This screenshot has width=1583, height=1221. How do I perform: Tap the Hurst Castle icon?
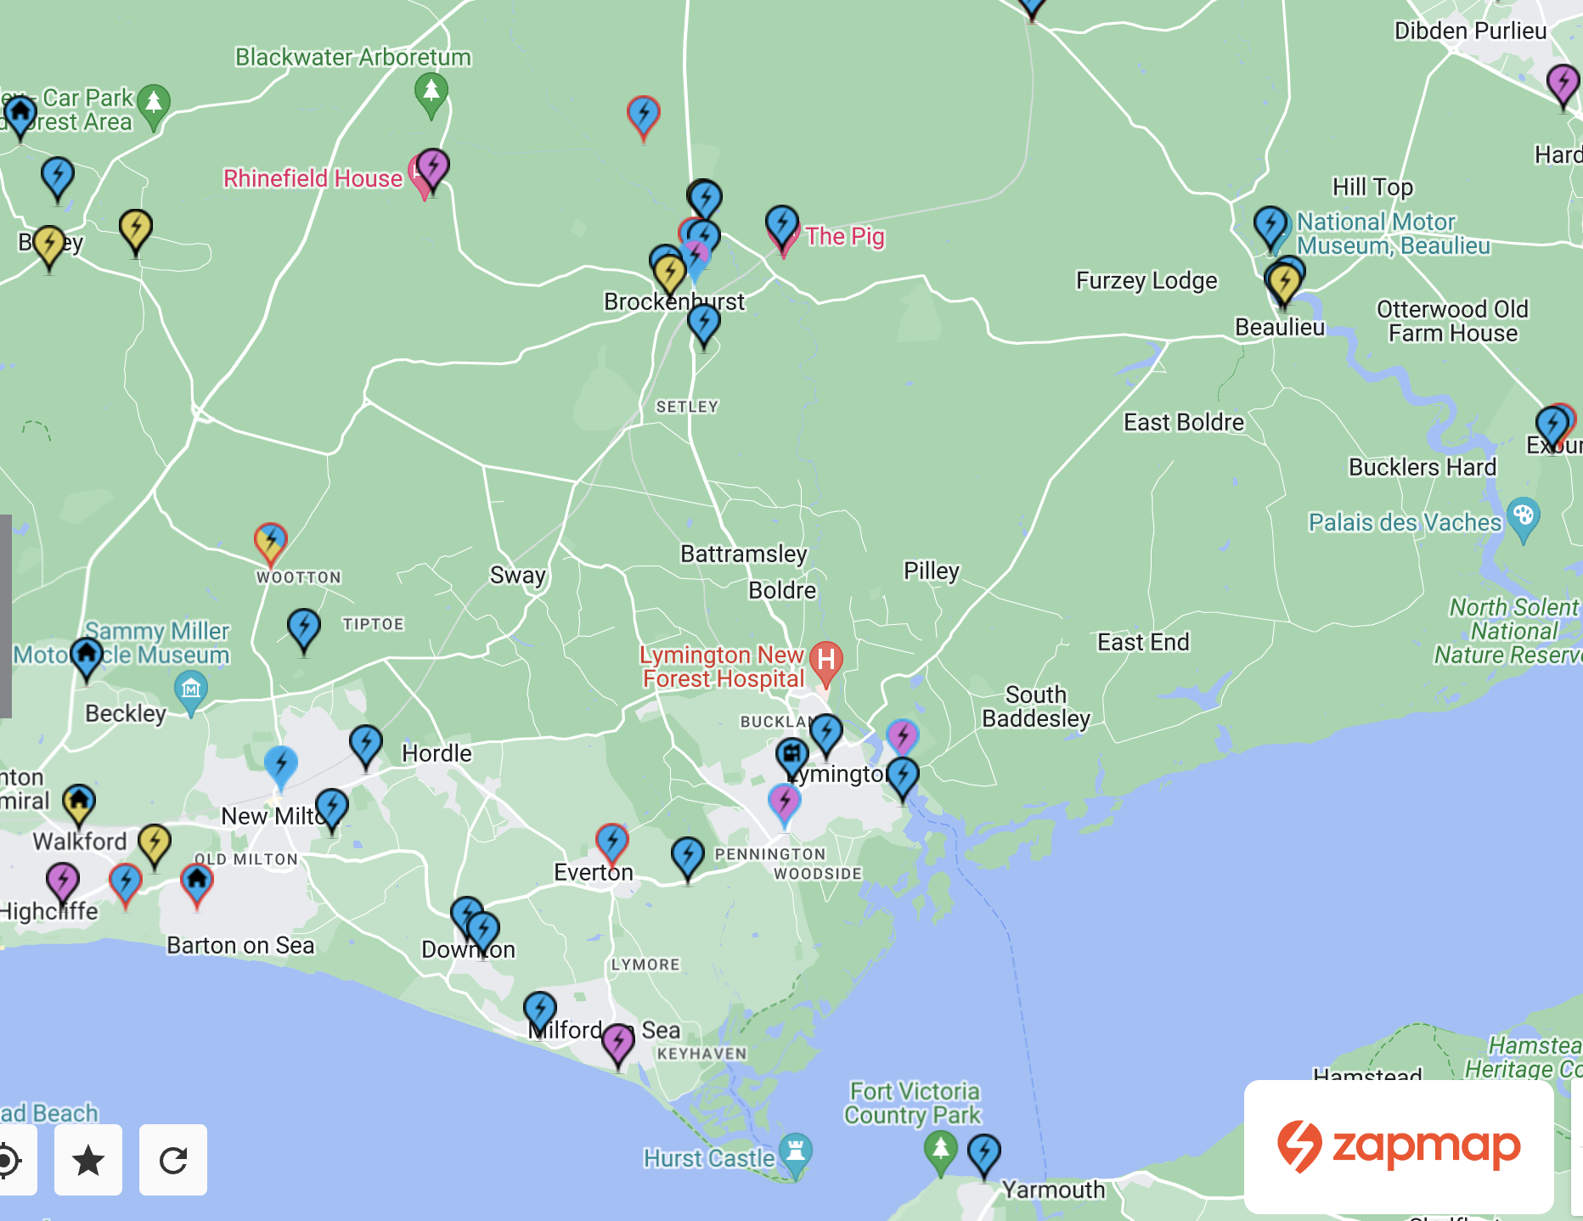(795, 1152)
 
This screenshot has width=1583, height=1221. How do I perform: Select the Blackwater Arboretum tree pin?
(431, 90)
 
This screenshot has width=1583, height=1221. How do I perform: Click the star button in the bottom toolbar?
(88, 1160)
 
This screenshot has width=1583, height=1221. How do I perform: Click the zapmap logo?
(1399, 1146)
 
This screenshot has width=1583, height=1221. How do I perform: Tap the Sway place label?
(517, 576)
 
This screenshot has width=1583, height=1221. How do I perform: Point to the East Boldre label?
(1183, 422)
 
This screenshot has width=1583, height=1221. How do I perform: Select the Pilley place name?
(931, 571)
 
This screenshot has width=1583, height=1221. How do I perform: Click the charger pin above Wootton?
(271, 540)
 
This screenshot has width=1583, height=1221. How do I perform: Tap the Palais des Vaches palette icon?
(1524, 515)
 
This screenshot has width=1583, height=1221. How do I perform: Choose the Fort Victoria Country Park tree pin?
(940, 1150)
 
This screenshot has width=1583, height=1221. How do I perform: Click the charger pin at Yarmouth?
(984, 1152)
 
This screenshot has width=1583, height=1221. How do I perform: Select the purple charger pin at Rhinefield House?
(433, 166)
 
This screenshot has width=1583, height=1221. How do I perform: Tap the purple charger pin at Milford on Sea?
(618, 1041)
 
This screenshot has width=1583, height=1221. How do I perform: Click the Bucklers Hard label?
(1422, 467)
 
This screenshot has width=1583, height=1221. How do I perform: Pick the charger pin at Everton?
(611, 841)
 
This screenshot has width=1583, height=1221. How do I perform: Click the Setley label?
(687, 407)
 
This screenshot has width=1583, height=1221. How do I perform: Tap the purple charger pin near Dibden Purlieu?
(1563, 82)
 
